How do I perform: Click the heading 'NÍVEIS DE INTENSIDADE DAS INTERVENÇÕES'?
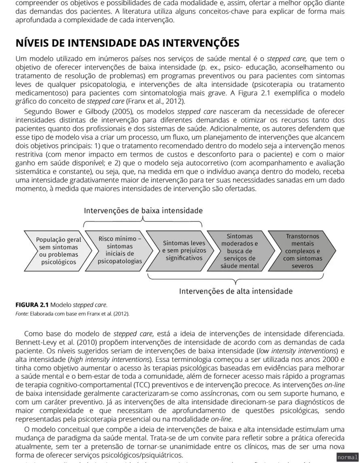[x=127, y=43]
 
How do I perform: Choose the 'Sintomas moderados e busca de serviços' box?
[x=239, y=251]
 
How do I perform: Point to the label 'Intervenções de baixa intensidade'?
[x=143, y=210]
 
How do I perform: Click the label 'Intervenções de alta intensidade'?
[x=236, y=291]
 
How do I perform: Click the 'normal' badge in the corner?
[x=347, y=457]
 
